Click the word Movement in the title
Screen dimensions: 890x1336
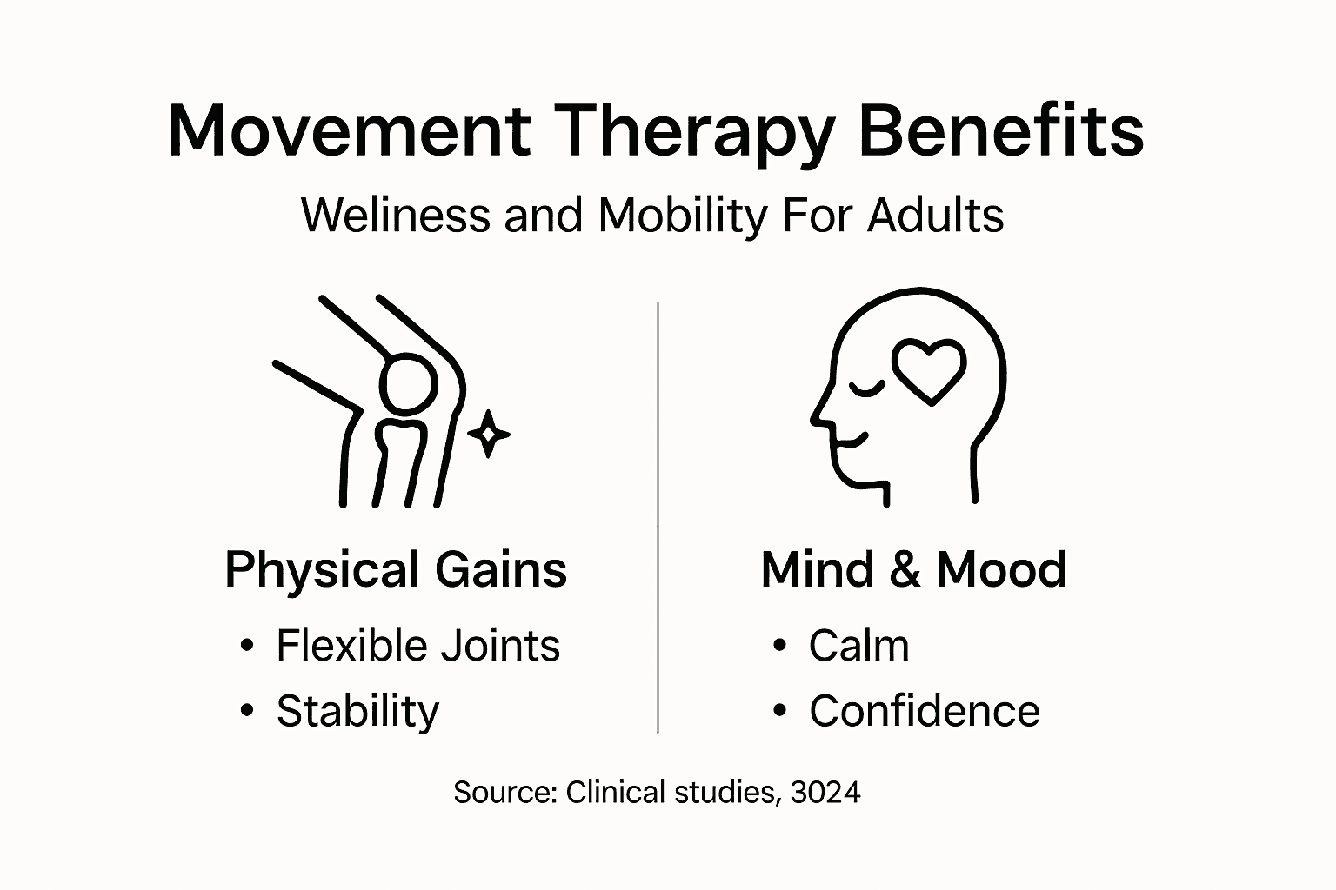[x=349, y=130]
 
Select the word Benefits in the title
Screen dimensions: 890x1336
[x=1000, y=130]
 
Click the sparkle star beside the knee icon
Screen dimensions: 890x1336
[x=489, y=433]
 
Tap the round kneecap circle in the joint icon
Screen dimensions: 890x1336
[x=407, y=383]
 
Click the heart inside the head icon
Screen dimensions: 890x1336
[x=930, y=371]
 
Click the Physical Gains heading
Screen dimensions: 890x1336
[x=396, y=570]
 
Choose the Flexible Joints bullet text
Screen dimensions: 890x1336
[x=417, y=646]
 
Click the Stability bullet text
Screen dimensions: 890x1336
[x=357, y=712]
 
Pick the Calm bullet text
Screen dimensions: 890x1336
[x=858, y=646]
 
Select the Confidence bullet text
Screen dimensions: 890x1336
[x=924, y=711]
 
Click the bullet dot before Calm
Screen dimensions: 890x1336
[x=779, y=646]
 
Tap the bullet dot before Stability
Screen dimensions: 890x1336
[x=248, y=711]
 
